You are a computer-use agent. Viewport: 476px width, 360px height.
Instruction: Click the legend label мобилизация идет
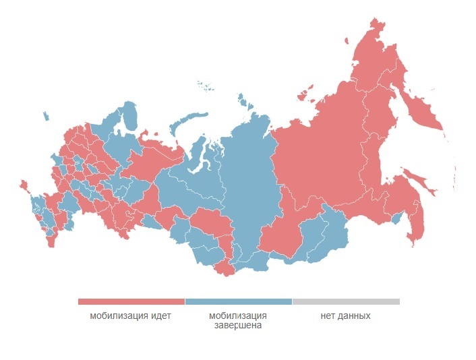(131, 316)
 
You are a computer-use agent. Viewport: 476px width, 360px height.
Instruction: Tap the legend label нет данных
(345, 316)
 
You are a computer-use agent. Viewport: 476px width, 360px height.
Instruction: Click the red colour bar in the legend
(131, 301)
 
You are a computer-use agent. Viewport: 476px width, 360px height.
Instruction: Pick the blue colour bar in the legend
(238, 301)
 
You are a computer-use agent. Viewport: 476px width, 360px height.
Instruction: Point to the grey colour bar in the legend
(346, 301)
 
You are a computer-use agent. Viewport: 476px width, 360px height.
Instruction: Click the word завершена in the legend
(238, 325)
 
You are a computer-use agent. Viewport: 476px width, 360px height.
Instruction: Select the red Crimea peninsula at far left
(24, 184)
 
